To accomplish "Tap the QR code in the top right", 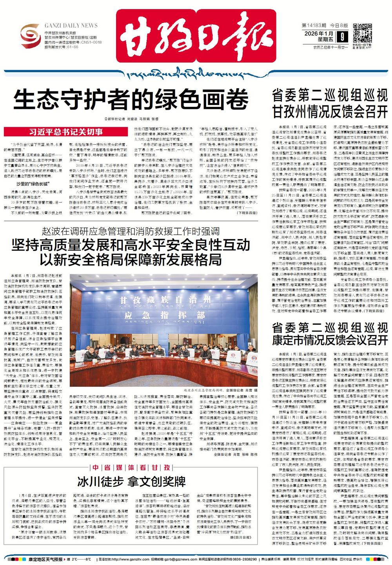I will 363,33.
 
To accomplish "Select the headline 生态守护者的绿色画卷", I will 131,100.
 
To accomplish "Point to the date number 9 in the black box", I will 343,37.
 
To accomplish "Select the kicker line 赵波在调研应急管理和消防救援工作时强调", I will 131,231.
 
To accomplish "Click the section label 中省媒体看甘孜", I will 131,468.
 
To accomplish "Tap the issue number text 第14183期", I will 313,25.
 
